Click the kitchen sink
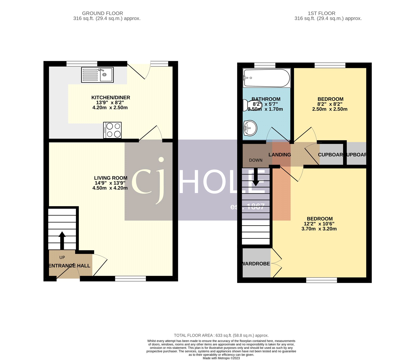click(97, 75)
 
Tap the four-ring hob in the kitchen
click(112, 130)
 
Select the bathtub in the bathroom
click(266, 78)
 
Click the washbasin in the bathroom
click(250, 128)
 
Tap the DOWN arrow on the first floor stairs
click(256, 177)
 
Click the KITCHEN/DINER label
click(110, 97)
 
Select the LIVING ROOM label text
click(110, 178)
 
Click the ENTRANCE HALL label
click(70, 266)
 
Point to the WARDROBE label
click(256, 264)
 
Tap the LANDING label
click(280, 155)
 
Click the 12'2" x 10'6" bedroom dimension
click(319, 224)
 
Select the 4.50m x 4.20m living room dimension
click(110, 188)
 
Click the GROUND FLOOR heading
click(102, 13)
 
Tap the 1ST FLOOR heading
click(321, 13)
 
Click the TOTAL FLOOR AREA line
click(221, 335)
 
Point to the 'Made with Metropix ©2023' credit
click(221, 358)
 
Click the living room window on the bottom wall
click(130, 279)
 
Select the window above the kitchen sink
click(82, 64)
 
